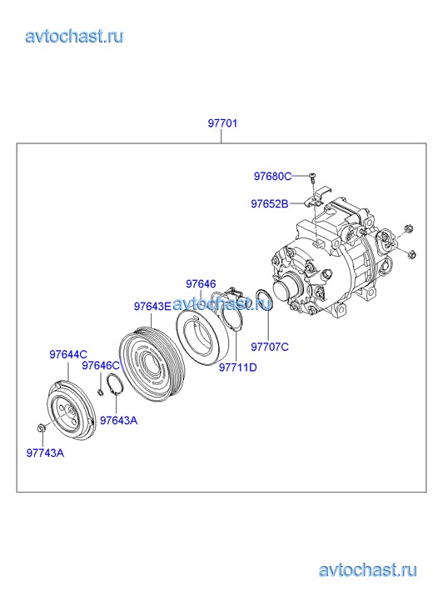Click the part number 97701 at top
point(222,123)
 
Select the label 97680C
point(272,176)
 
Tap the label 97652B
point(270,203)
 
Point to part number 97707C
point(270,347)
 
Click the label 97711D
point(238,367)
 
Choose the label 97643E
point(152,306)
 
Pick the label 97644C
point(68,354)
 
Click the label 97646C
point(101,366)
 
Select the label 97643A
point(118,420)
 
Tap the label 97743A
point(45,453)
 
